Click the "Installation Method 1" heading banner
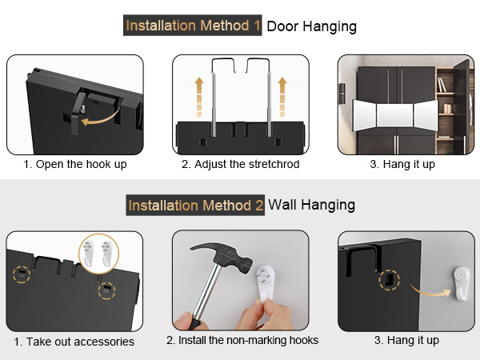[x=192, y=25]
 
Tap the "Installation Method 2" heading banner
[x=195, y=205]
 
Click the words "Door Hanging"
[x=312, y=26]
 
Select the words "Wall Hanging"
[x=312, y=205]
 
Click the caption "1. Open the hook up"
[x=75, y=164]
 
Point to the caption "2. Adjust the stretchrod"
[x=240, y=164]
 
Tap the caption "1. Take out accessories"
[x=74, y=342]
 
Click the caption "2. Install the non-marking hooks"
[x=242, y=340]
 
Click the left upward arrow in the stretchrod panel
[x=199, y=97]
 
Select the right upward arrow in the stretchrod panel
[x=282, y=97]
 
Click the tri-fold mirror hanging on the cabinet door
[x=396, y=115]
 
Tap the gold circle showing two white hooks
[x=99, y=254]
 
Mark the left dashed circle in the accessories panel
[x=22, y=274]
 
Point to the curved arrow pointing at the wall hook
[x=430, y=291]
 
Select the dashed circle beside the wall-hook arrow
[x=390, y=279]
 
